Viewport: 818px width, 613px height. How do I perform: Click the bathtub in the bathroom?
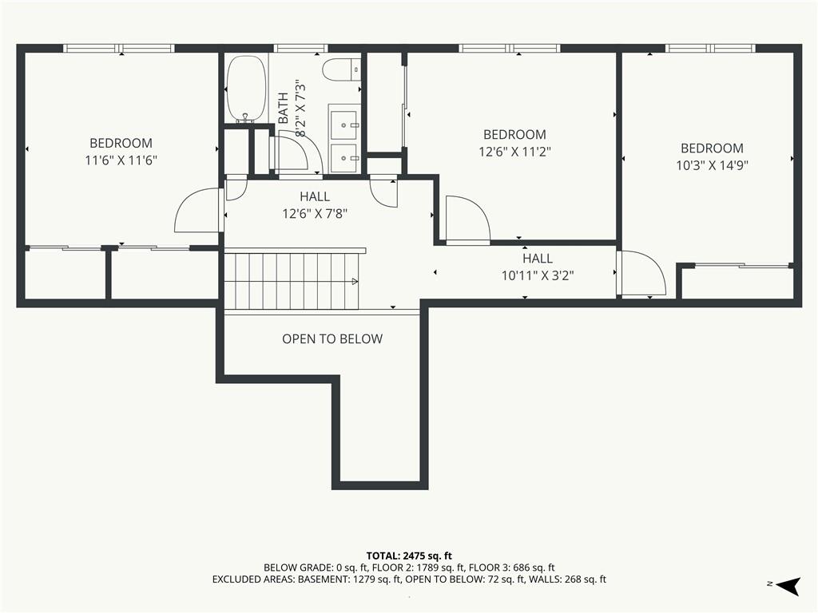pos(246,89)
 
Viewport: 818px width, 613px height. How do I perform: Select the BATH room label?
pos(284,108)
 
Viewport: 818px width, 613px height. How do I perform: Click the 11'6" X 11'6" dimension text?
pos(121,160)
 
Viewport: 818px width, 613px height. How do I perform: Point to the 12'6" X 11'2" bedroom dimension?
pos(515,152)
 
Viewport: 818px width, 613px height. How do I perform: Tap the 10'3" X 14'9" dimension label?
pos(712,165)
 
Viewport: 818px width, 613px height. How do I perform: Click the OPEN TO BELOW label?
pos(332,338)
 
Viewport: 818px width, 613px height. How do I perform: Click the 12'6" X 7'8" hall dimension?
pos(315,213)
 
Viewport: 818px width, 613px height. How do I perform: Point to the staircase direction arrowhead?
pos(355,282)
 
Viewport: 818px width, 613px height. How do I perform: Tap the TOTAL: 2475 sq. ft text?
pos(409,556)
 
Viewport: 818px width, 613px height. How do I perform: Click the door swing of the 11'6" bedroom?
pos(198,210)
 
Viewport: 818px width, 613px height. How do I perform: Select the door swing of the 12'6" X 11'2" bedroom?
pos(468,219)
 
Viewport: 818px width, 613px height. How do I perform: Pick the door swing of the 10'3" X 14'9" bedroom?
pos(641,273)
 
